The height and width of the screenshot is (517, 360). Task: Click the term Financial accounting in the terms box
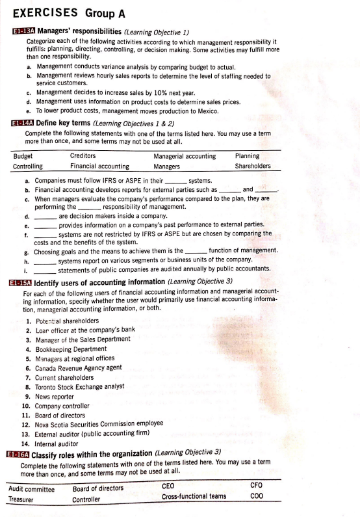point(99,166)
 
